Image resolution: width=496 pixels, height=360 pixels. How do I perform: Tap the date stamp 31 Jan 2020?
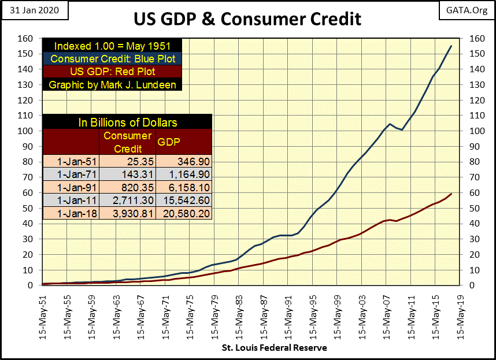34,10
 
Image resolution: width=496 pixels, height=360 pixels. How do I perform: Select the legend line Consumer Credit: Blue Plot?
113,58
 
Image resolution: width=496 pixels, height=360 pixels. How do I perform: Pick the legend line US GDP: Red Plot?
113,71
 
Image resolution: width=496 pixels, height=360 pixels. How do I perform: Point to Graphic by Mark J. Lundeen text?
113,84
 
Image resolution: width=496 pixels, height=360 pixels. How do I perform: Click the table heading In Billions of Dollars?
127,122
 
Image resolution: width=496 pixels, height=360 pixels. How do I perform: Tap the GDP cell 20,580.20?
183,213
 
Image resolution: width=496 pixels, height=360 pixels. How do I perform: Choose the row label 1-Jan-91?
72,187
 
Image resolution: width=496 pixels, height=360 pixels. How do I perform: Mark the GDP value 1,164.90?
183,175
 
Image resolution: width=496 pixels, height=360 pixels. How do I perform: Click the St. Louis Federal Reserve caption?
275,348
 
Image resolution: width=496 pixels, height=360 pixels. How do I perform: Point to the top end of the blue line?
451,46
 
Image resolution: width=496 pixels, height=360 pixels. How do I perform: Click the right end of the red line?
451,194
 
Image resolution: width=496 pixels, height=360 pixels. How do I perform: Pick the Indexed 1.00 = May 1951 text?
113,46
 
